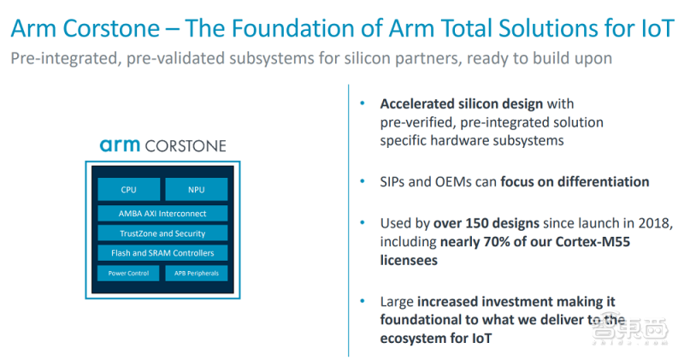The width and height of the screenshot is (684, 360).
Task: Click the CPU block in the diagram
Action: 128,190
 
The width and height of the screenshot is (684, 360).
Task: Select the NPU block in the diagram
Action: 196,190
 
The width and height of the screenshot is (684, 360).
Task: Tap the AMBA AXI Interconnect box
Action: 162,213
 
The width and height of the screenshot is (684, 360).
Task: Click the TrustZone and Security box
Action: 162,233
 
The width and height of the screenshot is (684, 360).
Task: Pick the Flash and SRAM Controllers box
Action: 162,253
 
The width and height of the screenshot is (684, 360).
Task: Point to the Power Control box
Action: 128,274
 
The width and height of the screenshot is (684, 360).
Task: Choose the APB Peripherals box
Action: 196,274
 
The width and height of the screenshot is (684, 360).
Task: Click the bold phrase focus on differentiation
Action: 575,181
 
